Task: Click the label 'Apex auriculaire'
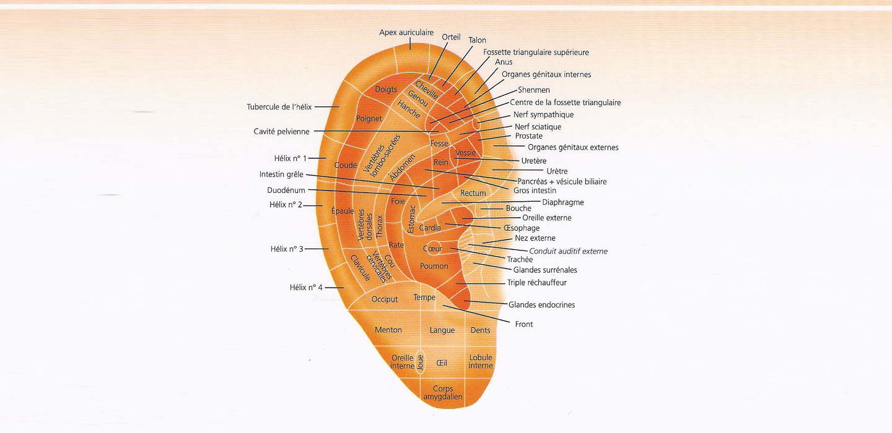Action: (x=406, y=33)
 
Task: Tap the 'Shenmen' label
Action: (x=533, y=90)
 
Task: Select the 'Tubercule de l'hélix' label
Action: (x=279, y=107)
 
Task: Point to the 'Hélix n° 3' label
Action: (x=287, y=249)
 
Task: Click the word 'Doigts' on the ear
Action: (x=386, y=90)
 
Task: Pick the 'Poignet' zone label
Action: (x=369, y=119)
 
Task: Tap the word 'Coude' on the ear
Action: (x=345, y=165)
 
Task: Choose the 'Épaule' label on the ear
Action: (x=343, y=211)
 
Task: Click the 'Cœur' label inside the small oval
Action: (x=432, y=249)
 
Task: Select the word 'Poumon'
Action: (x=434, y=266)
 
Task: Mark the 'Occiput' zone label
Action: (x=384, y=299)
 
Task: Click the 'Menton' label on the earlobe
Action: (x=388, y=330)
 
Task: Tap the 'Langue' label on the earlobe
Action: (x=442, y=330)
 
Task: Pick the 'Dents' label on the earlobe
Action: (x=480, y=330)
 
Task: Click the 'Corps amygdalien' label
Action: (x=443, y=392)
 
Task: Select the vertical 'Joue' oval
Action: (x=420, y=362)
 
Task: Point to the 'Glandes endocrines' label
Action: (x=541, y=305)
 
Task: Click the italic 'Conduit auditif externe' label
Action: (x=568, y=251)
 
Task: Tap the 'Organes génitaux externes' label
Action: (x=573, y=147)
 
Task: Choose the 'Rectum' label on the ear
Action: (x=473, y=193)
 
